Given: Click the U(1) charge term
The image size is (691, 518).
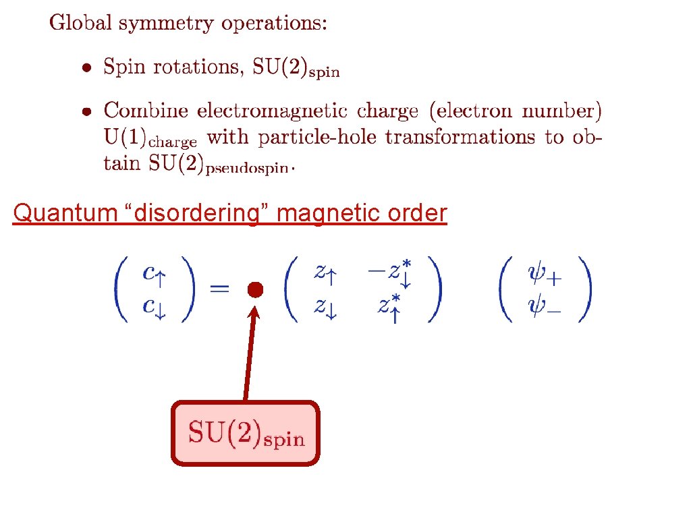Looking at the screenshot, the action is (x=150, y=138).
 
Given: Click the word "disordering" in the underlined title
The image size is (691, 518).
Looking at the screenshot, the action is (x=197, y=213).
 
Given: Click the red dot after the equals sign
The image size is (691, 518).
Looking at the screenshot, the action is (x=254, y=290).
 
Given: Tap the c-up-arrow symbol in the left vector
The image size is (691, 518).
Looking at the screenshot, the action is (x=153, y=273).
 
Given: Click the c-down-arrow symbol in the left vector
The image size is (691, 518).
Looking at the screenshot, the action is (x=153, y=306).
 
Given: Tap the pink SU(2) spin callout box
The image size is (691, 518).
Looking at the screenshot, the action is (x=245, y=434).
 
